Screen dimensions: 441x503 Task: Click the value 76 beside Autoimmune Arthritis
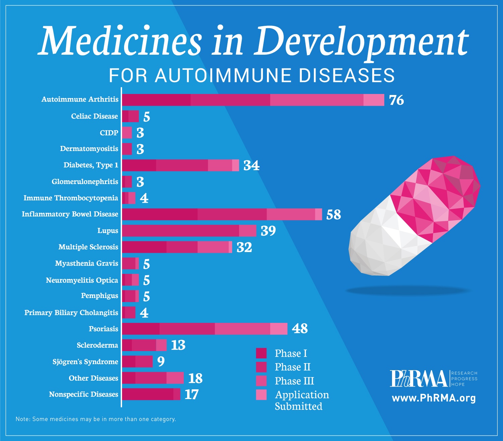tap(396, 100)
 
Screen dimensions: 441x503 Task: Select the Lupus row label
tap(108, 231)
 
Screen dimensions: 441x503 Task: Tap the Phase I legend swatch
tap(261, 353)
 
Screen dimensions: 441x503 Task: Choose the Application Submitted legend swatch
tap(261, 395)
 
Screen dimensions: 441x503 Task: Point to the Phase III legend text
tap(294, 381)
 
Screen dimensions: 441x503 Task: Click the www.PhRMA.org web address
tap(434, 398)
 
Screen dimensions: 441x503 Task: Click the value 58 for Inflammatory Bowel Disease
tap(333, 214)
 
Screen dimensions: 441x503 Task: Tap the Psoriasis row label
tap(103, 329)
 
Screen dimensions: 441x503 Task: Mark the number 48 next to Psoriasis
tap(300, 329)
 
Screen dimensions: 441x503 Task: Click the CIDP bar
tap(127, 133)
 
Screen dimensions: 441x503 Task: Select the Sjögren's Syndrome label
tap(85, 361)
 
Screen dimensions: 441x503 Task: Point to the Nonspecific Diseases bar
tap(151, 394)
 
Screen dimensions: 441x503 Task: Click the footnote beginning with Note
tap(96, 419)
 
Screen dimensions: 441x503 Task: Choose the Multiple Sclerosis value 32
tap(244, 247)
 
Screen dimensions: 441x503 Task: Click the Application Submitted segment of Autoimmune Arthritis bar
tap(374, 100)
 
